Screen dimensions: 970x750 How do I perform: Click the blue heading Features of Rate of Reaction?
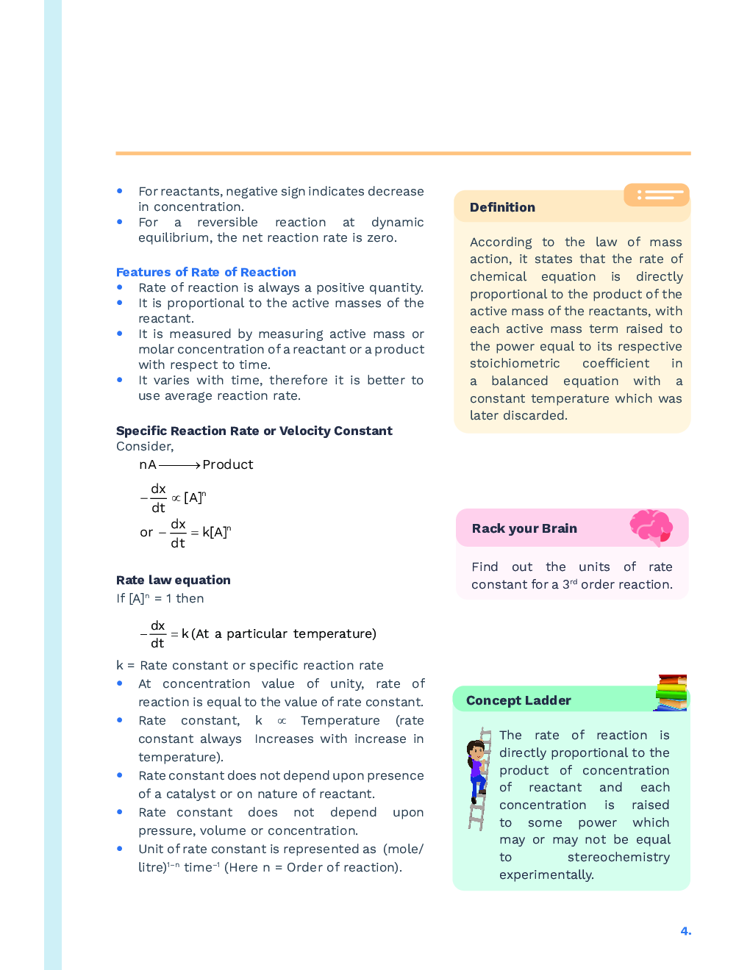tap(206, 272)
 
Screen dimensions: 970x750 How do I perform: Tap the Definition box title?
tap(502, 207)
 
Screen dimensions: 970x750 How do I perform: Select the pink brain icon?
tap(651, 527)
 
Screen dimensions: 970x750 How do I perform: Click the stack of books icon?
tap(671, 692)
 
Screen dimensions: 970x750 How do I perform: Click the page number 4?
tap(685, 931)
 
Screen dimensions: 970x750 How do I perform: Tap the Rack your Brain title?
tap(524, 528)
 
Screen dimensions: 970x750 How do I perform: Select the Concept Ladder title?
tap(518, 700)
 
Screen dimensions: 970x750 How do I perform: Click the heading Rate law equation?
tap(174, 580)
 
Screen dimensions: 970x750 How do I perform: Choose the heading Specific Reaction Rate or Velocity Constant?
tap(254, 431)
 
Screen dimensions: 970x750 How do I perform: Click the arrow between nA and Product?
tap(179, 465)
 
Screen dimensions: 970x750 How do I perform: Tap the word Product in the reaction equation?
tap(228, 464)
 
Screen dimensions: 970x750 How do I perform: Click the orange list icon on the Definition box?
tap(657, 195)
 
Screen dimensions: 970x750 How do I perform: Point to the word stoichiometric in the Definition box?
tap(515, 363)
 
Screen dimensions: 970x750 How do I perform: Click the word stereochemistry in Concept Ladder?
tap(618, 857)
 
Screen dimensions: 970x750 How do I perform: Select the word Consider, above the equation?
tap(145, 446)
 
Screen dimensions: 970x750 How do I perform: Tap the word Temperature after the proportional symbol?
tap(340, 720)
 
